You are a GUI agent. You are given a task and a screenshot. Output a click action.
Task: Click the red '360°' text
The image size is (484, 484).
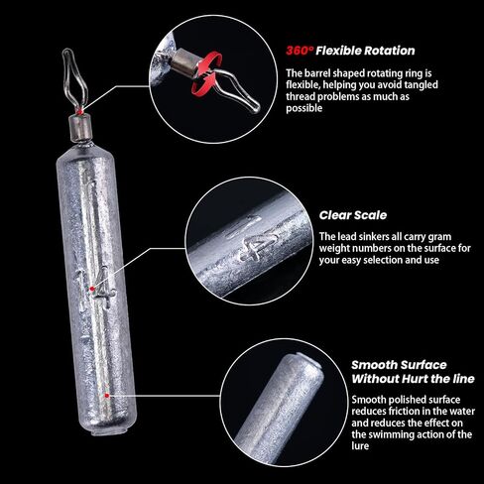coord(300,51)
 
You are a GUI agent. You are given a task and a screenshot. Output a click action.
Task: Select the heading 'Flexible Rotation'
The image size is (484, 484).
coord(365,51)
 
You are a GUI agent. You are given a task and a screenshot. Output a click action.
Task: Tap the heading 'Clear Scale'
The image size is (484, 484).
coord(353,215)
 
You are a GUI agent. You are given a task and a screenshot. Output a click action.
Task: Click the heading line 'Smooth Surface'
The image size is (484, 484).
coord(399,365)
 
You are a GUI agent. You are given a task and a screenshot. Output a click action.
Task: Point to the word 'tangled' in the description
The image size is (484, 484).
coord(420,85)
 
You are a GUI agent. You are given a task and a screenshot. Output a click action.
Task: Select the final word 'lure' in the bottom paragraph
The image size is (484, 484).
coord(360,446)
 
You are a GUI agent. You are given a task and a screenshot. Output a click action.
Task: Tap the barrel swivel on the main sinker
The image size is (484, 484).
coord(80,127)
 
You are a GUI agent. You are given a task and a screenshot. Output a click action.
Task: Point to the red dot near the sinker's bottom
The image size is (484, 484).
coord(106,396)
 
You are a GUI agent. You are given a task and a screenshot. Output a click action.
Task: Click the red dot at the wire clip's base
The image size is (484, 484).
coord(79,111)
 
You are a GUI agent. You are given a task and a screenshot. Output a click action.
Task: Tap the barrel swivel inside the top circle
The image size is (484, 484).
coord(186,62)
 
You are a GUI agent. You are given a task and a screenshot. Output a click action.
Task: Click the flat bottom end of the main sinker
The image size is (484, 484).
coord(109,431)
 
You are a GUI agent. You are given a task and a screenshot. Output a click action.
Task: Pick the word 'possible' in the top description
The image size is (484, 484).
coord(304,109)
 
